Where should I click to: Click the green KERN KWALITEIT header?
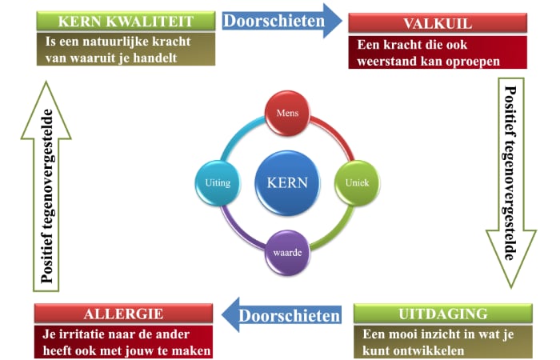click(126, 21)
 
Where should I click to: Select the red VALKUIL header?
click(438, 23)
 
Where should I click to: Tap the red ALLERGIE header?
click(123, 314)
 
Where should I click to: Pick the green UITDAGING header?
click(443, 314)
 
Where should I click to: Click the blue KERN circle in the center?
click(287, 183)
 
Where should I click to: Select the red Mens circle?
click(287, 114)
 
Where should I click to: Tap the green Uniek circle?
click(357, 183)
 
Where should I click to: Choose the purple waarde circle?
click(287, 253)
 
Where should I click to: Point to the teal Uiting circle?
click(218, 183)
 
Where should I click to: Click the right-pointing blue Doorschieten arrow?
click(282, 21)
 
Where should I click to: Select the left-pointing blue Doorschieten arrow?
click(282, 315)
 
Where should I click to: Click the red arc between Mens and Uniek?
click(337, 134)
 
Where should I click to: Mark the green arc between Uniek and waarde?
click(337, 232)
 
